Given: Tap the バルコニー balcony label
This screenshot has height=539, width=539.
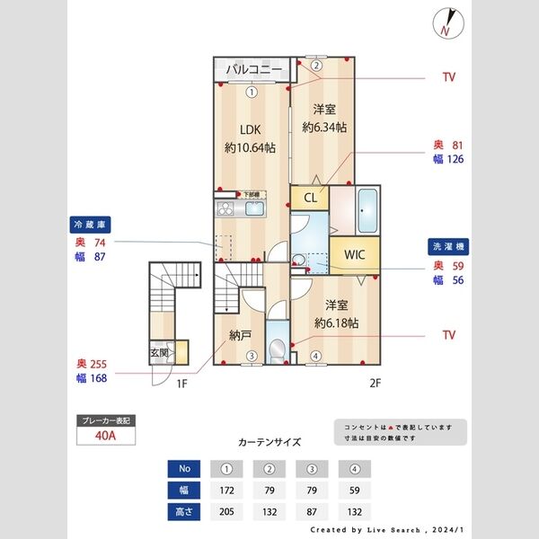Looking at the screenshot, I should coord(254,69).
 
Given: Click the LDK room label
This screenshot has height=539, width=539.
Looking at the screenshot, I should coord(249,128).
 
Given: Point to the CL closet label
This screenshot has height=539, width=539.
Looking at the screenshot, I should coord(309,199).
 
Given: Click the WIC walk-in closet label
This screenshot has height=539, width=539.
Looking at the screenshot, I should coord(354,254).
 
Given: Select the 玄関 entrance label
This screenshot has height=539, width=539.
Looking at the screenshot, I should coord(159,351).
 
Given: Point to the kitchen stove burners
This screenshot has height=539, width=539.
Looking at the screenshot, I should coord(225,210).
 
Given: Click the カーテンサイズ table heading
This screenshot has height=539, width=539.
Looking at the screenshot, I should coord(269,443).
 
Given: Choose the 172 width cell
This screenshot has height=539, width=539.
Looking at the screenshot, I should coord(225,490).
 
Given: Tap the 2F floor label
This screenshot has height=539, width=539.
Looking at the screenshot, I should coord(375,384).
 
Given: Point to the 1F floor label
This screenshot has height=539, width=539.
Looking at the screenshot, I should coord(181,384).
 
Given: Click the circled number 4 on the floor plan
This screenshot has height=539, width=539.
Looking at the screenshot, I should coord(314,356).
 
